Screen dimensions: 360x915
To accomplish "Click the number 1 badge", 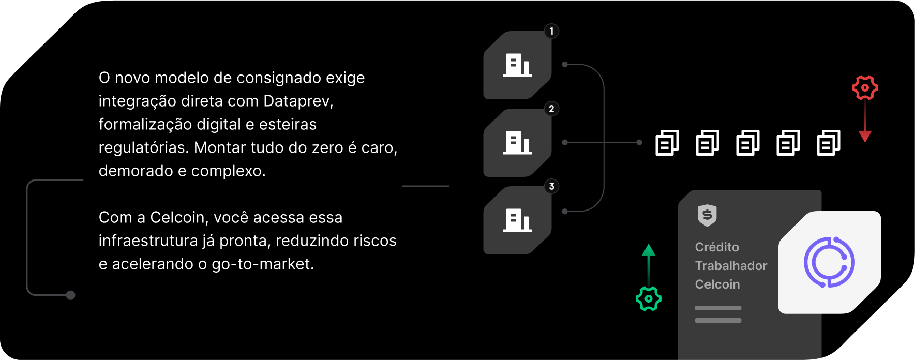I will click(x=551, y=31).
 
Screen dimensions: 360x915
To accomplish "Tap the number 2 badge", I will click(x=551, y=109).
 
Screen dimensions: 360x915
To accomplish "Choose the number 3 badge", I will click(x=551, y=186).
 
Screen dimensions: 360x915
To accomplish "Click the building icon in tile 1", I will click(x=517, y=66).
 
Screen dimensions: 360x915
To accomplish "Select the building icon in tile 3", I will click(x=517, y=221).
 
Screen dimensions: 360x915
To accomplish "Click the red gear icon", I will click(x=865, y=87).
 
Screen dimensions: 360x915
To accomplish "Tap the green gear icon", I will click(x=648, y=298).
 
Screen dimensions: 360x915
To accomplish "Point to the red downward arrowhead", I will click(x=865, y=137).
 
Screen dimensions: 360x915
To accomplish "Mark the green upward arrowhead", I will click(x=648, y=250).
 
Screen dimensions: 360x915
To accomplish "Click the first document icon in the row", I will click(x=667, y=143).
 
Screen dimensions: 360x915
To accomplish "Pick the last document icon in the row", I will click(x=828, y=143).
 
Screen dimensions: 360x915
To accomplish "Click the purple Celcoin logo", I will click(x=829, y=262).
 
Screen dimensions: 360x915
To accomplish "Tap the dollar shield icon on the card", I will click(x=707, y=215).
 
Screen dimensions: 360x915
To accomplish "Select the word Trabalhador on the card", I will click(x=731, y=265).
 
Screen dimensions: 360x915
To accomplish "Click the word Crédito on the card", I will click(x=717, y=247).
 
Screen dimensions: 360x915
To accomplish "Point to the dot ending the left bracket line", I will click(x=71, y=295).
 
